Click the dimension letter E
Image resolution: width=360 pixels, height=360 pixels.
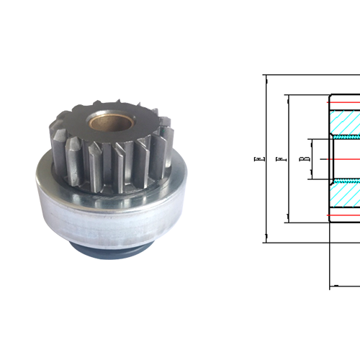(x=258, y=158)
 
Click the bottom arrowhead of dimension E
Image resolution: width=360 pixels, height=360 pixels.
(x=265, y=239)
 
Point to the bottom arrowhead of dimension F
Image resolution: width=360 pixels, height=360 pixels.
(x=287, y=219)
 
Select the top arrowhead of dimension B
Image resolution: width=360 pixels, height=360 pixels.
(x=310, y=142)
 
